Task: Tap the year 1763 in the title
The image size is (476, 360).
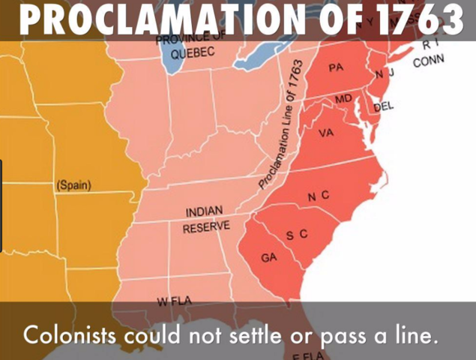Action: tap(419, 21)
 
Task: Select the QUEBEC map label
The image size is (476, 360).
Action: tap(193, 54)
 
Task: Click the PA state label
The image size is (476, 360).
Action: tap(336, 67)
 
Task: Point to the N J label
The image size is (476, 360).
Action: tap(385, 73)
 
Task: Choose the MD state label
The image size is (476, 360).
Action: tap(343, 99)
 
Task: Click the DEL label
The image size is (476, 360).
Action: tap(383, 107)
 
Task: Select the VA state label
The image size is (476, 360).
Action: tap(325, 133)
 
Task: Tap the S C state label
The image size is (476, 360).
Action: tap(298, 235)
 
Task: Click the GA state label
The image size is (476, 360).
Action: tap(269, 258)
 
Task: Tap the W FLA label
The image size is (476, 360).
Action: tap(174, 301)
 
